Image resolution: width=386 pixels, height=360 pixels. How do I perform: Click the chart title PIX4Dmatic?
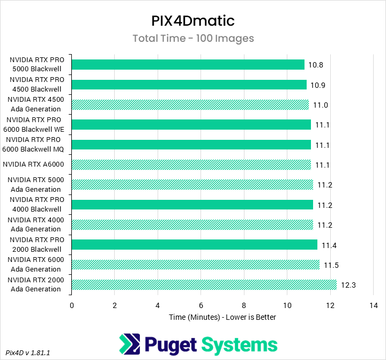[193, 21]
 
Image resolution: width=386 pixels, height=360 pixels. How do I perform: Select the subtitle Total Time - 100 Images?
[193, 39]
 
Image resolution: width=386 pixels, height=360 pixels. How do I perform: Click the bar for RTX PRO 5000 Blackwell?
[188, 65]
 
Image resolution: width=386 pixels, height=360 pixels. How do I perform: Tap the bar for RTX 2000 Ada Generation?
[204, 285]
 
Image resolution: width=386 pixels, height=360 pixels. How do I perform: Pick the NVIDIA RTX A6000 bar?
[191, 164]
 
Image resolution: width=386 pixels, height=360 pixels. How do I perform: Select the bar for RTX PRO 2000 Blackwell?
[194, 245]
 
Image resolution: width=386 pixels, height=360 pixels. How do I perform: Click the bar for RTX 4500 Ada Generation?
[190, 105]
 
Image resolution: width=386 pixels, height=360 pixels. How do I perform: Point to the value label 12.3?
[348, 285]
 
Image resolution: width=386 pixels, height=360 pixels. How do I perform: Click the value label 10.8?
[315, 65]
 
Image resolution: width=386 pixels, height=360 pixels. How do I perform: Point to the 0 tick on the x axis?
[72, 305]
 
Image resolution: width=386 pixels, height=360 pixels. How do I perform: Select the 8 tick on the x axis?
[244, 305]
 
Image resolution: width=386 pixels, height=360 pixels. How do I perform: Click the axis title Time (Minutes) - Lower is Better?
[222, 317]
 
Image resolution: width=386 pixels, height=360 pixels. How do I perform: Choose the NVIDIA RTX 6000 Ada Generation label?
[36, 265]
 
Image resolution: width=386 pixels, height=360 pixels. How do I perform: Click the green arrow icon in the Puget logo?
[130, 344]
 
